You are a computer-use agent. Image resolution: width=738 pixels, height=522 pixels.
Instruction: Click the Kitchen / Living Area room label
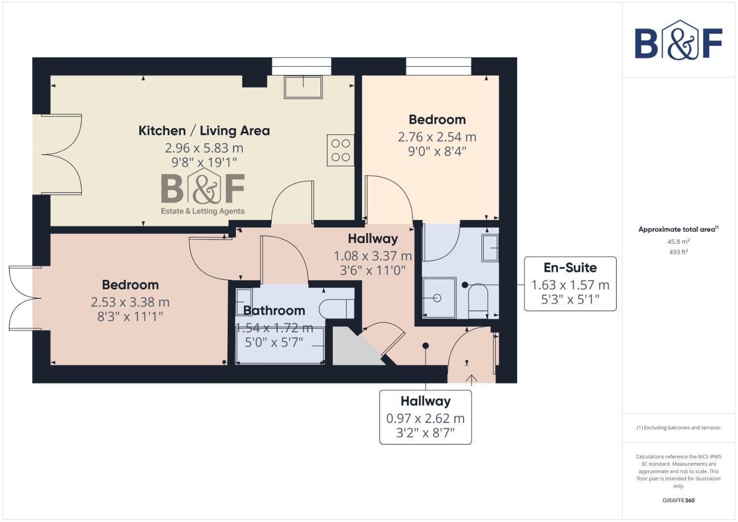[204, 131]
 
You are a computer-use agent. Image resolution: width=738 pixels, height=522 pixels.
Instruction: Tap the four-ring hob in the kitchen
[340, 150]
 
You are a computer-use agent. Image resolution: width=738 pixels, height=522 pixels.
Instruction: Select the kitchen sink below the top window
[303, 87]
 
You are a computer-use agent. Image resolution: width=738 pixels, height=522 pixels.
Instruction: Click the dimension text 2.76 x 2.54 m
[437, 137]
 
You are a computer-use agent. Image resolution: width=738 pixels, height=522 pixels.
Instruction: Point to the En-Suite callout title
[570, 268]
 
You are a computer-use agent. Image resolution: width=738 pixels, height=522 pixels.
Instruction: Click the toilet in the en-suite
[478, 297]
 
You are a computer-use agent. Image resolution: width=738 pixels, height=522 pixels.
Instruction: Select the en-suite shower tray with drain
[439, 298]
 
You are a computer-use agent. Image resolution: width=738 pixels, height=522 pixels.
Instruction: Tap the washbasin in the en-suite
[490, 248]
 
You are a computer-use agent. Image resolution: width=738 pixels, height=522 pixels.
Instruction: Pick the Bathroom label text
[274, 311]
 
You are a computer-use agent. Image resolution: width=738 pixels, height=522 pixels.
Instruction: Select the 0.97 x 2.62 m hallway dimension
[425, 419]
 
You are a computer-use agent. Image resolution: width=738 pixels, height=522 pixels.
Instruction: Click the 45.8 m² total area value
[678, 242]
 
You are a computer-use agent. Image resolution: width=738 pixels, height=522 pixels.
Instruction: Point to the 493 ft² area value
[678, 252]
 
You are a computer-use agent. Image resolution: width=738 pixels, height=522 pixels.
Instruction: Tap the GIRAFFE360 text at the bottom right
[678, 500]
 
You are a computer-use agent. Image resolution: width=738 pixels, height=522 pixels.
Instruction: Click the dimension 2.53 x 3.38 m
[130, 303]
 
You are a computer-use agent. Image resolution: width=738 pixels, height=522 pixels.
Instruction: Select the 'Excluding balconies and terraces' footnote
[678, 428]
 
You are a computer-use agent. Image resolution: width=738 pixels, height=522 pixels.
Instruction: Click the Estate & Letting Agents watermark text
[203, 211]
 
